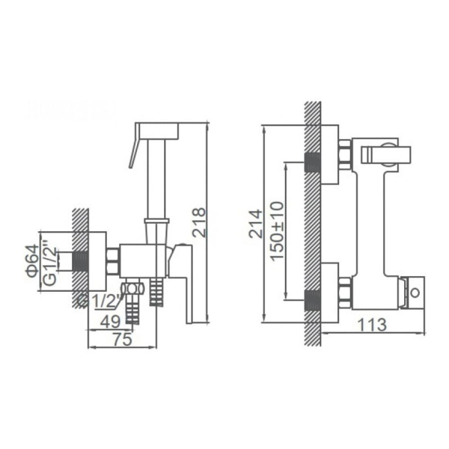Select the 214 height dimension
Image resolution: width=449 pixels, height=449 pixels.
(x=256, y=223)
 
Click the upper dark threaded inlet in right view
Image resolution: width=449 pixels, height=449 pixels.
(x=313, y=163)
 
